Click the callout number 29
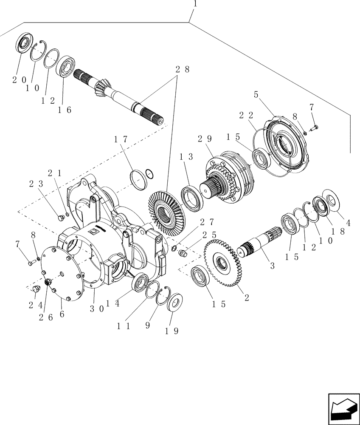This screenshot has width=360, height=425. (204, 139)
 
